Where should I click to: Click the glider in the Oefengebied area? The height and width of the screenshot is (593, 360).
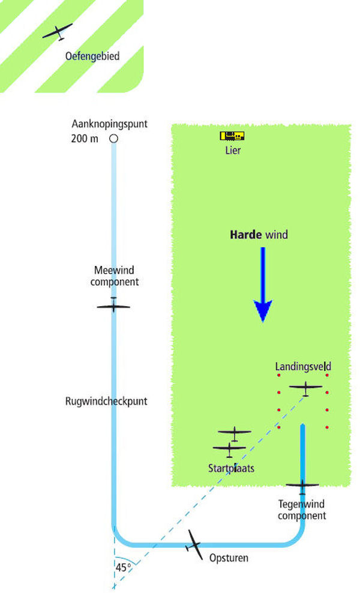[x=58, y=32]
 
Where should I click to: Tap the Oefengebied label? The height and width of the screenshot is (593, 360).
[x=92, y=56]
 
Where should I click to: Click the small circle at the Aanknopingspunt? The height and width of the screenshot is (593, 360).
[x=113, y=139]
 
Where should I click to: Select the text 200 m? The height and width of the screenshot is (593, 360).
[x=85, y=139]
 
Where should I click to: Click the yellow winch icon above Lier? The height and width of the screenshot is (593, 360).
[x=232, y=136]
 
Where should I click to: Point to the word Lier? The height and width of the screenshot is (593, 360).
[x=233, y=150]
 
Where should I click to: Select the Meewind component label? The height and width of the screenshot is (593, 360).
[x=114, y=276]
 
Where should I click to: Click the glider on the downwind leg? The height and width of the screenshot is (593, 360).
[x=113, y=305]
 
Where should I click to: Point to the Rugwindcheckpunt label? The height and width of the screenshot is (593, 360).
[x=106, y=402]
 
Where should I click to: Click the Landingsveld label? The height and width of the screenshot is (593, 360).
[x=303, y=367]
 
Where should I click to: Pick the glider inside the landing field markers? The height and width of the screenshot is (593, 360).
[x=305, y=388]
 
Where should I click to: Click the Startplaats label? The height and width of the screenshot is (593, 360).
[x=232, y=468]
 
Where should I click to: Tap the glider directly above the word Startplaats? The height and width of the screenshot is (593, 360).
[x=230, y=450]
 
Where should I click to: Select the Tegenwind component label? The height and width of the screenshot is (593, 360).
[x=302, y=510]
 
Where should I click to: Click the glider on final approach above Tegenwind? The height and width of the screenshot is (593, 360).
[x=302, y=486]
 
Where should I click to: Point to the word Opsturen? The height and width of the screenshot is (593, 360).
[x=229, y=558]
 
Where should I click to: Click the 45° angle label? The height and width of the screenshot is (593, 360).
[x=123, y=568]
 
